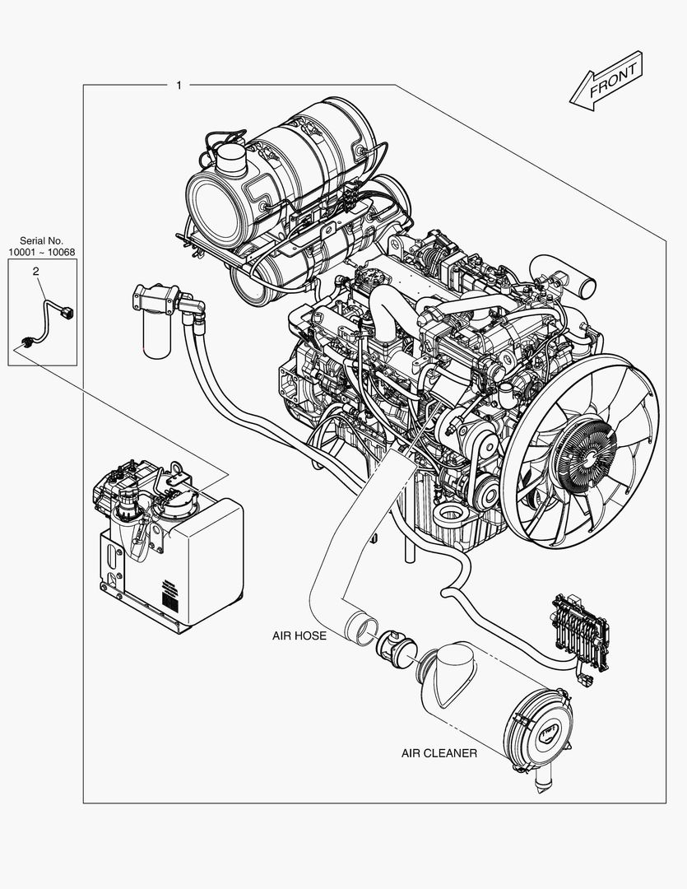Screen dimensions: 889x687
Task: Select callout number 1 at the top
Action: [x=179, y=85]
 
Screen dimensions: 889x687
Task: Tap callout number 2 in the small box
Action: [x=36, y=270]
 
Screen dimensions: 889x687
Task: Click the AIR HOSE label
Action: [x=299, y=635]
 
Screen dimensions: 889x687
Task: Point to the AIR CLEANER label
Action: [x=439, y=753]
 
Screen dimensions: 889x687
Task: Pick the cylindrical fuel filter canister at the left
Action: [x=155, y=334]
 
